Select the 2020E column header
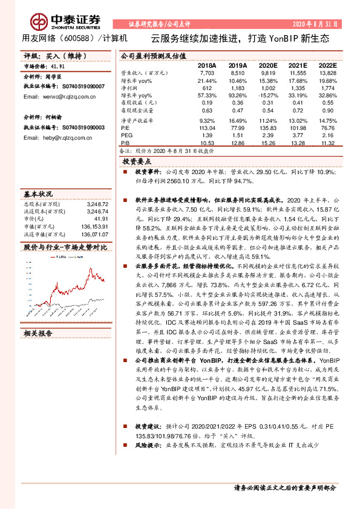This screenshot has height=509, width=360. [x=267, y=65]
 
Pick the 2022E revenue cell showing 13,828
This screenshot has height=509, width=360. [x=327, y=72]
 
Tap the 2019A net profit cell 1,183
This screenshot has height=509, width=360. [x=238, y=88]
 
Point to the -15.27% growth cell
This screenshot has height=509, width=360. [x=266, y=96]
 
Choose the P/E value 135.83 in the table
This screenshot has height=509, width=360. [x=267, y=128]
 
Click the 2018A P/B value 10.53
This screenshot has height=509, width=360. [x=207, y=143]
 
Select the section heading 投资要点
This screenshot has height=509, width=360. [x=137, y=162]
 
